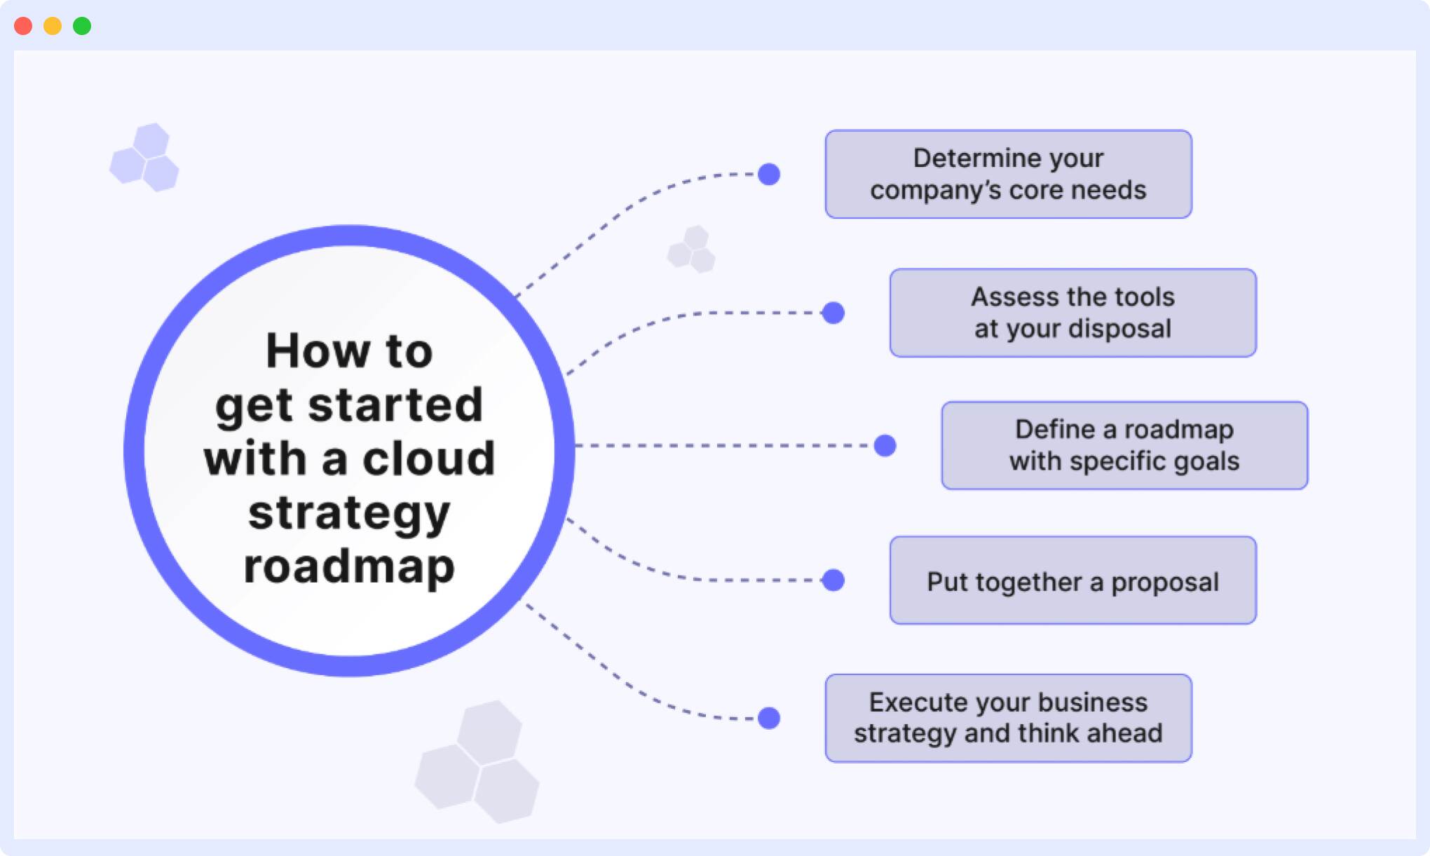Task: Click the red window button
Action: [x=23, y=26]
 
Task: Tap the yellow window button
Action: [x=53, y=26]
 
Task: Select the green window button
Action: [x=82, y=26]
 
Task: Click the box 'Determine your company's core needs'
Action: [x=1008, y=174]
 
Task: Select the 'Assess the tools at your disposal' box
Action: [x=1072, y=313]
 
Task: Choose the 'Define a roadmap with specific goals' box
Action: [x=1124, y=445]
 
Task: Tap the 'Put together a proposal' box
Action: [x=1072, y=580]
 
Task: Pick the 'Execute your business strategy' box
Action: [x=1008, y=718]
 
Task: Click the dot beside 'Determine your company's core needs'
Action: [x=769, y=174]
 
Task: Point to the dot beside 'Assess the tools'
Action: [x=833, y=313]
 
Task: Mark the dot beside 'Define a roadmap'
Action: [x=885, y=445]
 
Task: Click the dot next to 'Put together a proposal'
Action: [x=833, y=580]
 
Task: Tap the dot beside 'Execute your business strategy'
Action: [x=769, y=718]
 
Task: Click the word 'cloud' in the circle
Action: [x=428, y=459]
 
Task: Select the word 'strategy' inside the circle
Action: [x=349, y=513]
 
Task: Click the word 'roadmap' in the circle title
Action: [x=349, y=566]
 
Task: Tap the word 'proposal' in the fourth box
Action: [x=1164, y=582]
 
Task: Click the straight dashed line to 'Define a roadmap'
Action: [x=722, y=445]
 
